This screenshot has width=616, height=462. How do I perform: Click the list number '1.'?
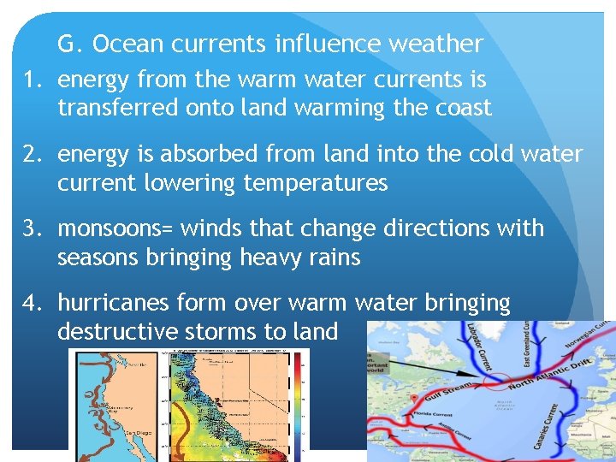(33, 80)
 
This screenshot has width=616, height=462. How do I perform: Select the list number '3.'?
(33, 228)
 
